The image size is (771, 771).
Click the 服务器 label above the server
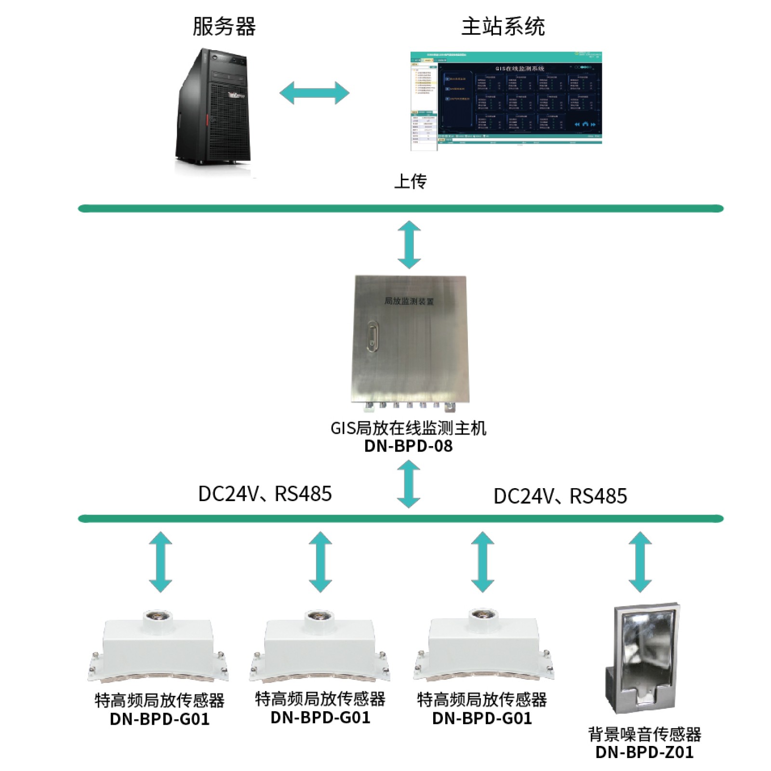coord(224,27)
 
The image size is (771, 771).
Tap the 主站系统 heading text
coord(503,27)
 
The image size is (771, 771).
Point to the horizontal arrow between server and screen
coord(314,93)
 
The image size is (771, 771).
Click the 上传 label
coord(410,182)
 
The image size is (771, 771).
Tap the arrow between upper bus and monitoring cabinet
coord(409,245)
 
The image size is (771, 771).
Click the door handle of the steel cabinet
coord(372,336)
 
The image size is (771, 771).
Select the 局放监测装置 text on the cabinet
coord(409,301)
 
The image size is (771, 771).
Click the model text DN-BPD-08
coord(408,446)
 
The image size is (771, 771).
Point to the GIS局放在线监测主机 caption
coord(408,428)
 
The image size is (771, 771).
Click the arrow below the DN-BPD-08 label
coord(409,484)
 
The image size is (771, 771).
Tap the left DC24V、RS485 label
coord(265,494)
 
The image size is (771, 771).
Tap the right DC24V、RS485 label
coord(560,496)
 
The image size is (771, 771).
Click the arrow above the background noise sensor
coord(640,562)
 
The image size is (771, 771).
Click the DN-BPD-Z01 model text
coord(644,752)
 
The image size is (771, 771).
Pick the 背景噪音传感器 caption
coord(644,734)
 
